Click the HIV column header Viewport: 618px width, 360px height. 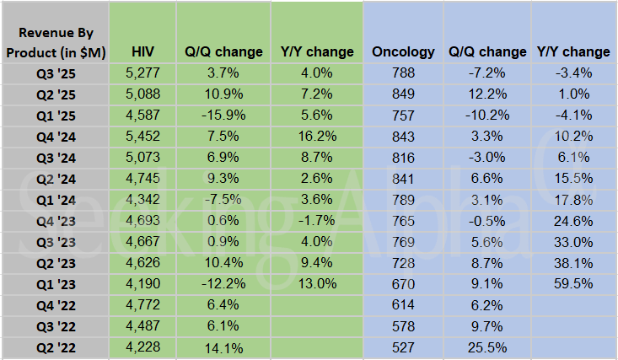[x=141, y=51]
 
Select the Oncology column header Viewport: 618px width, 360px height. [x=403, y=51]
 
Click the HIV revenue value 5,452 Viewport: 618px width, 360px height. [x=141, y=136]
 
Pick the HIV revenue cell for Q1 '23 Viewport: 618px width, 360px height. [x=141, y=283]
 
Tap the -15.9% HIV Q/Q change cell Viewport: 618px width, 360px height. [x=223, y=115]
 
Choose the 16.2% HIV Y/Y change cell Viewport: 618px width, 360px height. [x=317, y=136]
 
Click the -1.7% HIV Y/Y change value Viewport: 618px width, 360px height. [x=317, y=220]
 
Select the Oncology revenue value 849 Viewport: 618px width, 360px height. [x=403, y=94]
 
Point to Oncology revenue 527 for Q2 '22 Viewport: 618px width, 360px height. [x=403, y=347]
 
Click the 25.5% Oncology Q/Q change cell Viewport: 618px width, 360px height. [x=488, y=347]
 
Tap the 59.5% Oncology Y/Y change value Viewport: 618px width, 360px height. [x=573, y=283]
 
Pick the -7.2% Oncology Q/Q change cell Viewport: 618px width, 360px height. [x=488, y=73]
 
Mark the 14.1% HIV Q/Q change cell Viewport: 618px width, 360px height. [x=223, y=347]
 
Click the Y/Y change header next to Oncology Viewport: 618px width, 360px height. [x=573, y=51]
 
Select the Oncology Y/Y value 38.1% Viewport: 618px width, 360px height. [x=573, y=262]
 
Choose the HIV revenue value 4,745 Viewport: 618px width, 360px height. [x=141, y=178]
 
